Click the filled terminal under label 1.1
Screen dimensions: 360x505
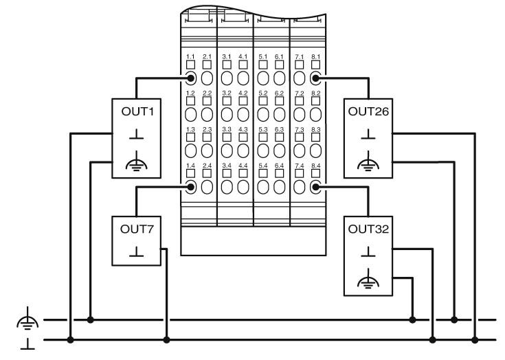[190, 78]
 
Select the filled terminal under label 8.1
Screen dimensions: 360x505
[316, 78]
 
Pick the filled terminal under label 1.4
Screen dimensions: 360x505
[190, 187]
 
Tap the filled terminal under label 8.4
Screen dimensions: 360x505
[316, 187]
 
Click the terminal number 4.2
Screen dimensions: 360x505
[243, 92]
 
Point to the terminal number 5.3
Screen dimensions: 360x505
[262, 128]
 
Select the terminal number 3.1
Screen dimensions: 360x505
[226, 56]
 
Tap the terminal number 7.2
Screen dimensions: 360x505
[299, 92]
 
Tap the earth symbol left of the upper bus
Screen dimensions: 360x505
[24, 320]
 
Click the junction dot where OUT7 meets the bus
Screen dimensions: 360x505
[167, 339]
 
